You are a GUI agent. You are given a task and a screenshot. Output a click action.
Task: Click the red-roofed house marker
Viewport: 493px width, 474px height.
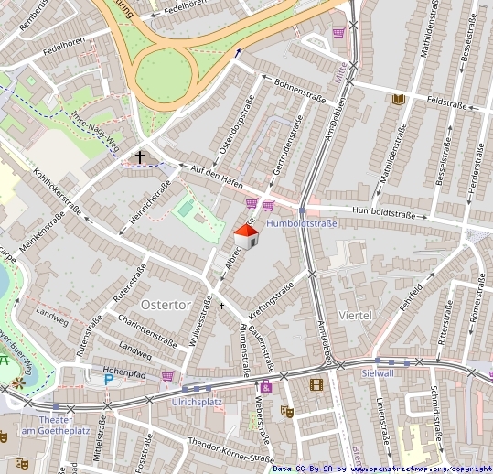(248, 235)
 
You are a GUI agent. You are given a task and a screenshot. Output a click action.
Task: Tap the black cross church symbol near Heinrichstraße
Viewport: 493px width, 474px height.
(140, 157)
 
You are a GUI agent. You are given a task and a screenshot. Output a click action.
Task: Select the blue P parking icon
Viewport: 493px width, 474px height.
(109, 378)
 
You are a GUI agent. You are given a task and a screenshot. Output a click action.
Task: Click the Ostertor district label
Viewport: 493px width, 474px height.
(166, 303)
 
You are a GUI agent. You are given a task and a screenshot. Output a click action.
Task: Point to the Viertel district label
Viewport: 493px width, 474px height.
(356, 314)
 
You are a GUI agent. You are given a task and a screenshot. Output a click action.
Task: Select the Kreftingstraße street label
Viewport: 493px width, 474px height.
(271, 300)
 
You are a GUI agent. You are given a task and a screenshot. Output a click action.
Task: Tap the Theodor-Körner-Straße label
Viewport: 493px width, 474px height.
(230, 450)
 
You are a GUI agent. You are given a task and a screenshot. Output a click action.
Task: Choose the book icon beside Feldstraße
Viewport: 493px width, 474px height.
(398, 99)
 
